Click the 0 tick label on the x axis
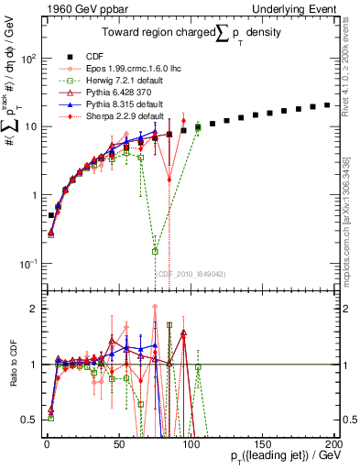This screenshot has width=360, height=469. click(46, 442)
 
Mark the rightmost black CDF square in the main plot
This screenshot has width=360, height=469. click(327, 105)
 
